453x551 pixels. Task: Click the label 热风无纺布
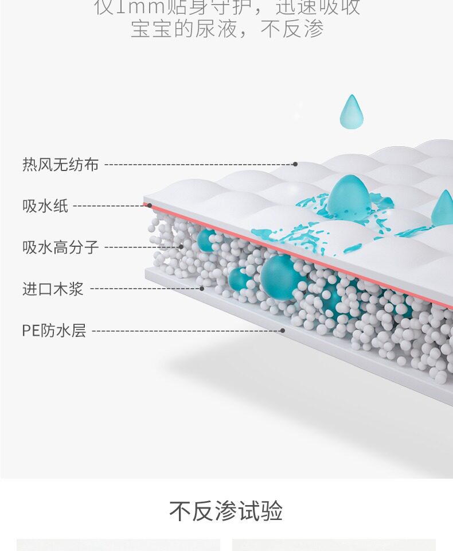point(60,165)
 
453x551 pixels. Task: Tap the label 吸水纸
point(45,205)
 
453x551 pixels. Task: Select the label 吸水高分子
point(60,248)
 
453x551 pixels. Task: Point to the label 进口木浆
point(53,289)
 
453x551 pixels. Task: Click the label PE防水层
point(54,331)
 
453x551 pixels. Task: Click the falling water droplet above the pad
point(351,112)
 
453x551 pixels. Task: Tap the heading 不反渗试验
point(226,511)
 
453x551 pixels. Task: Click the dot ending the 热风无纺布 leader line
point(295,164)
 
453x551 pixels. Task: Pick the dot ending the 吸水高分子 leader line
point(181,247)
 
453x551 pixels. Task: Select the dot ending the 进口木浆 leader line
point(202,289)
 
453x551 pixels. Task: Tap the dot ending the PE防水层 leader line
point(283,331)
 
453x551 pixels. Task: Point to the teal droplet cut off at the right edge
point(443,209)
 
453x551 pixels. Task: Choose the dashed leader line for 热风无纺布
point(198,165)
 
